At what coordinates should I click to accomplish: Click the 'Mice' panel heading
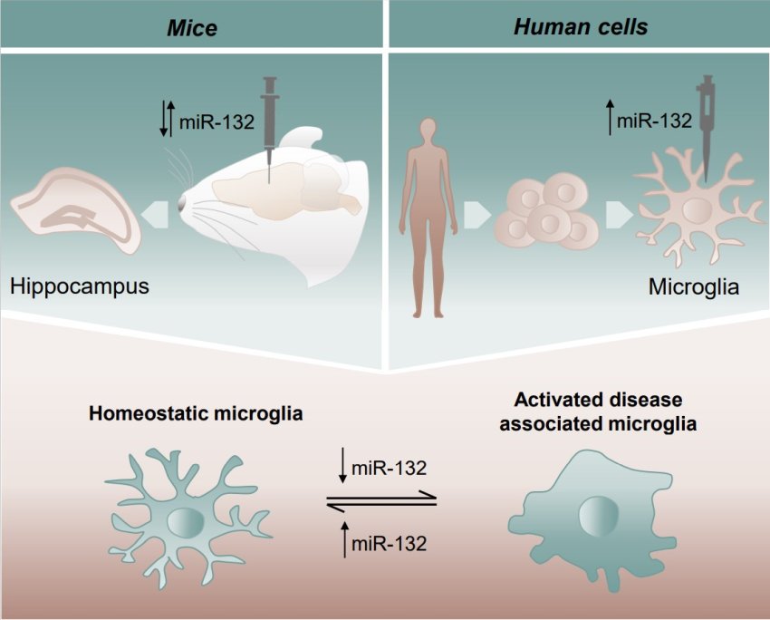193,27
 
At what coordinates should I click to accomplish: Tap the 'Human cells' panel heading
581,26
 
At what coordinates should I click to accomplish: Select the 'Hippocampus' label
80,287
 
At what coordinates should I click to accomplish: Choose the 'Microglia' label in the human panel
694,287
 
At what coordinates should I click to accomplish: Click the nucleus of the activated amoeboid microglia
596,515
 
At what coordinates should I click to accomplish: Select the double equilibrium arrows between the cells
381,500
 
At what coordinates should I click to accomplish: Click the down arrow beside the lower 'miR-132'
342,466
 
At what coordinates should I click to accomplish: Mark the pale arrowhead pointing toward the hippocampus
156,214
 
